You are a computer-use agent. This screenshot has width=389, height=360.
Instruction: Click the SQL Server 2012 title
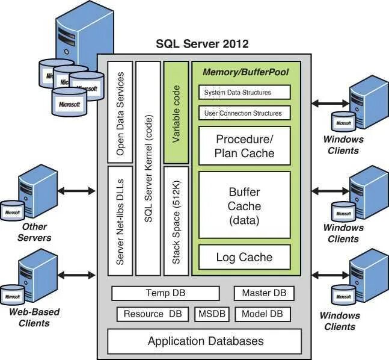202,44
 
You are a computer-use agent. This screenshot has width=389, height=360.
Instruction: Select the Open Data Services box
120,112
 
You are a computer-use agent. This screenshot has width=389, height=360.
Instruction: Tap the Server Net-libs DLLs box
120,221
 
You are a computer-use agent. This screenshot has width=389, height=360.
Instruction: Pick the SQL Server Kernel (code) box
148,169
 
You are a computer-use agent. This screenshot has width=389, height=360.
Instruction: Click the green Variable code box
176,113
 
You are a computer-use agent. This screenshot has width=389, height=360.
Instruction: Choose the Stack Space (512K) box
176,221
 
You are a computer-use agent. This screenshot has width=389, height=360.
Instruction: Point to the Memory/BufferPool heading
246,72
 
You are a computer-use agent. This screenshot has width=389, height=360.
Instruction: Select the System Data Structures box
244,92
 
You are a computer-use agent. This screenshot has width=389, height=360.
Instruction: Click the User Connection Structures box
244,113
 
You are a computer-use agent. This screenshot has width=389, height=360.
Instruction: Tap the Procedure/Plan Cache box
244,146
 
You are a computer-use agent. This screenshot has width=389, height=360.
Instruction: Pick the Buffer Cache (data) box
244,205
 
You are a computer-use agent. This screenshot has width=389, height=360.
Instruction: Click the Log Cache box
244,257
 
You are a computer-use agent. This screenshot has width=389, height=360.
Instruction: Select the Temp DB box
165,293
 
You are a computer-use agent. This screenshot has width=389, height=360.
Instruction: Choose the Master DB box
264,293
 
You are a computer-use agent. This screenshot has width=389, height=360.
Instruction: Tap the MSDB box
212,314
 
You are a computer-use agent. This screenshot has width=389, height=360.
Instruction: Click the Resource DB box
153,314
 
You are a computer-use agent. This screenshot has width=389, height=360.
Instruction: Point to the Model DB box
263,314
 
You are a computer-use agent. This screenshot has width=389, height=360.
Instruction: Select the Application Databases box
204,341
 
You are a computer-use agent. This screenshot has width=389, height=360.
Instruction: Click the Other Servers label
34,232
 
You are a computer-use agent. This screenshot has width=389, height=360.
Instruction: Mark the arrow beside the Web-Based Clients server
76,275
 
